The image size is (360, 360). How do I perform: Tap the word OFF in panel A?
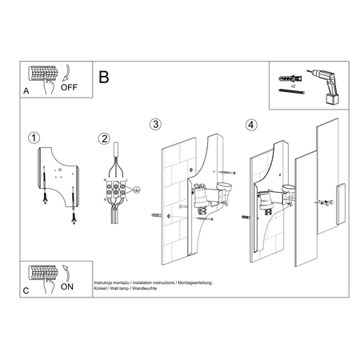click(x=70, y=89)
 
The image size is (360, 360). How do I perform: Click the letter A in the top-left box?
click(x=26, y=91)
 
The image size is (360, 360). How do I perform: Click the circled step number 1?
click(x=32, y=138)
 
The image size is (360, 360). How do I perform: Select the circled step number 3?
click(x=156, y=124)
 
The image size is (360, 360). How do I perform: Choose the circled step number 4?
click(x=252, y=125)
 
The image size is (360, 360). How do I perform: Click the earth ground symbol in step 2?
click(x=137, y=190)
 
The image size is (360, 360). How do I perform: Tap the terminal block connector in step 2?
click(x=117, y=191)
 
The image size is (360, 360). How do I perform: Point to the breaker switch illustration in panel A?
click(x=42, y=74)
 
